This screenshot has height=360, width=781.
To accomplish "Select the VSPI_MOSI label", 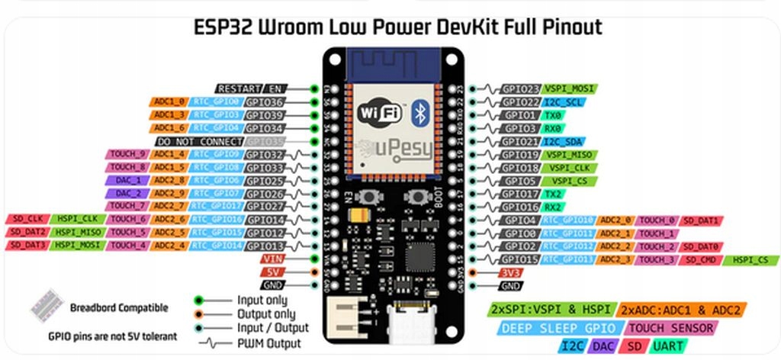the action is click(x=570, y=88).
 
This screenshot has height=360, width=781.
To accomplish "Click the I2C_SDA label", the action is click(x=563, y=142).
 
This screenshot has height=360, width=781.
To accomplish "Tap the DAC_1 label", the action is click(x=127, y=181).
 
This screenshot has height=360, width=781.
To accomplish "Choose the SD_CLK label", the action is click(x=27, y=220).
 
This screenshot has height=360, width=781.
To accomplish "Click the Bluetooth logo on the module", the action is click(x=419, y=114).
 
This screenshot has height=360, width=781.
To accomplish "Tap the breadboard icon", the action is click(x=49, y=306).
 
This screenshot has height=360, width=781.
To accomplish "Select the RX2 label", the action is click(x=554, y=207).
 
